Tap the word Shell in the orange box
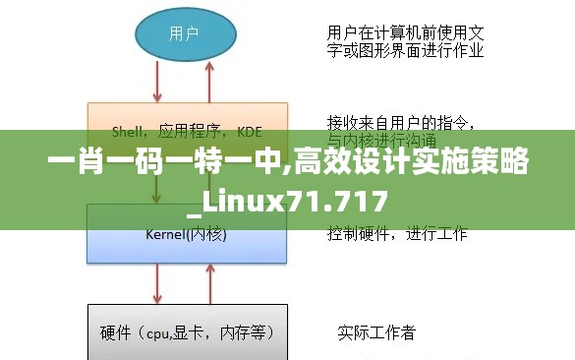pyautogui.click(x=128, y=129)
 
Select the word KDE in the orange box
pyautogui.click(x=250, y=129)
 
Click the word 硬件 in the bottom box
pyautogui.click(x=116, y=332)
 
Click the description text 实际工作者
pyautogui.click(x=376, y=332)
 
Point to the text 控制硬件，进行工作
pyautogui.click(x=397, y=234)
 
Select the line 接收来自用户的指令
pyautogui.click(x=402, y=124)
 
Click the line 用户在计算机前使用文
pyautogui.click(x=404, y=32)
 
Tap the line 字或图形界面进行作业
pyautogui.click(x=404, y=49)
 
